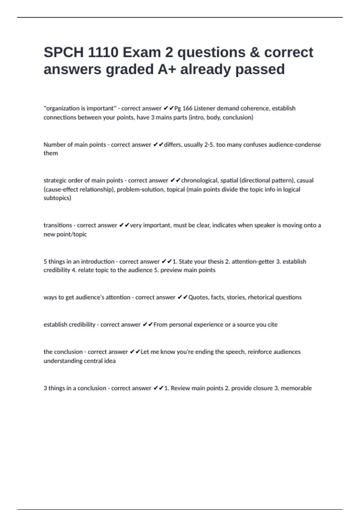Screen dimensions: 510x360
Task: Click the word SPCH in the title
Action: pyautogui.click(x=64, y=52)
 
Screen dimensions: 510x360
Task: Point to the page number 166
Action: pyautogui.click(x=187, y=108)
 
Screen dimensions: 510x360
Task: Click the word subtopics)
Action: pyautogui.click(x=57, y=198)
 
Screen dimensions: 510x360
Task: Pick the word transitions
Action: pyautogui.click(x=58, y=225)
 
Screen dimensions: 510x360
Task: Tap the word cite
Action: pyautogui.click(x=272, y=325)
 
